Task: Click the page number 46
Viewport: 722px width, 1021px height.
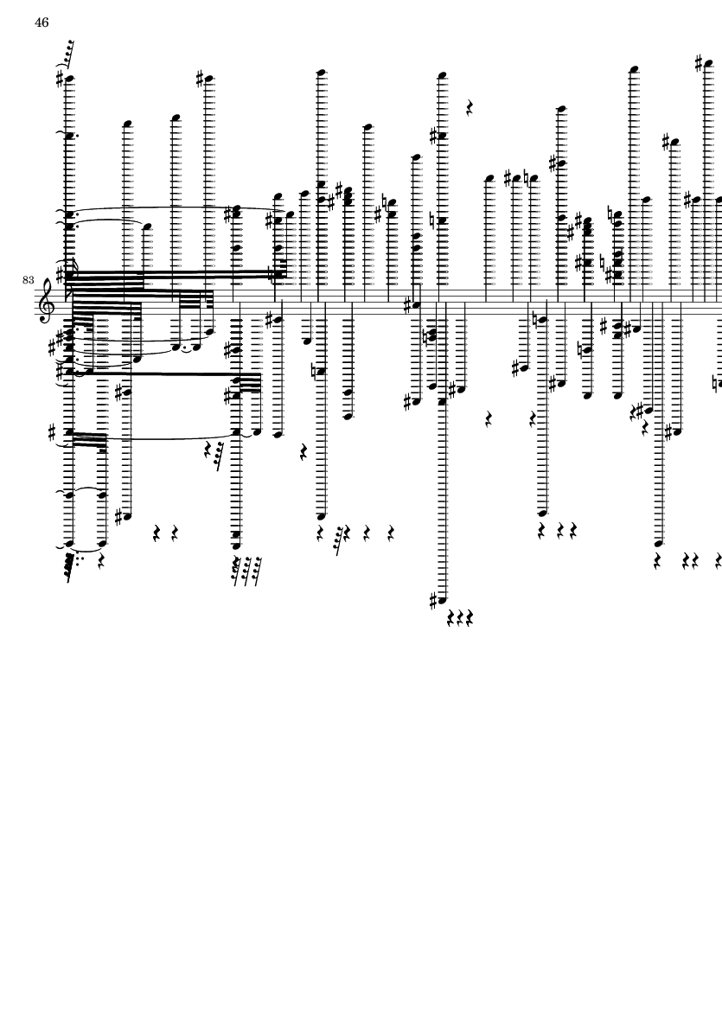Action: [42, 22]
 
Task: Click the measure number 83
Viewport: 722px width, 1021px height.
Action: [28, 280]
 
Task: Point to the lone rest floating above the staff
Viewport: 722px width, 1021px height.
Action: [470, 107]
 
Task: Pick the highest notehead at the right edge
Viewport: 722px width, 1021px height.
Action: [707, 64]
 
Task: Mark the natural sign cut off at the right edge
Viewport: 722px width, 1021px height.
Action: [717, 384]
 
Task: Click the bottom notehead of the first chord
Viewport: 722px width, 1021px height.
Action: [69, 544]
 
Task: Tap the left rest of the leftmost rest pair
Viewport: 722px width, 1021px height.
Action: [157, 534]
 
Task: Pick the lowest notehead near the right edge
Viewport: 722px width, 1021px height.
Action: [658, 542]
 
